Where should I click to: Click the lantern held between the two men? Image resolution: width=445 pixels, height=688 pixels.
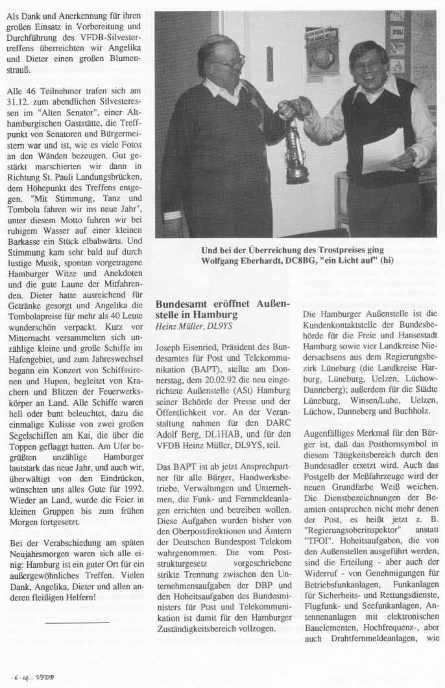[297, 153]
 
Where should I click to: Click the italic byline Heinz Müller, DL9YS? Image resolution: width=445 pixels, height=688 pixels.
[193, 326]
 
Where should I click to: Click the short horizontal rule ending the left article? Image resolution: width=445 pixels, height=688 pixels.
[77, 605]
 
